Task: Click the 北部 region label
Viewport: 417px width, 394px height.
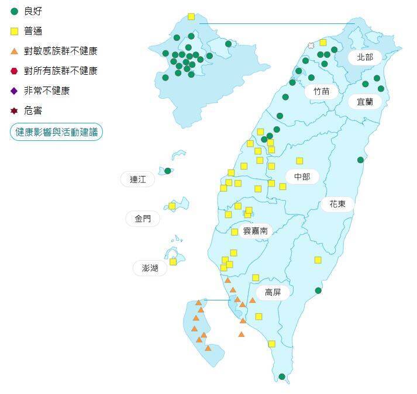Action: pos(364,57)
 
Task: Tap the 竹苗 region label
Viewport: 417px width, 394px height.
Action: pos(321,91)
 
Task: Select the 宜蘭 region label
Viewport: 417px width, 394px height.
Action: pos(364,101)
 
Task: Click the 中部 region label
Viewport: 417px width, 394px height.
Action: pos(302,177)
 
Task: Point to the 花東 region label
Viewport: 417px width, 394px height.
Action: pos(337,204)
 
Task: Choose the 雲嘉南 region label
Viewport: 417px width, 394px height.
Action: pos(255,231)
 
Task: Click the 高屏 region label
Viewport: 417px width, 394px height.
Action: pos(273,292)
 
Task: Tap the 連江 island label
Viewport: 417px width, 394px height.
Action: pos(137,179)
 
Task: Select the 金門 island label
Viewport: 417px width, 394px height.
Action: pos(143,219)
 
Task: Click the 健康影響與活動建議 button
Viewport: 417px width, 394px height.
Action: pos(56,132)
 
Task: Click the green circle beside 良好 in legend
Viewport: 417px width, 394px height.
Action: pos(15,11)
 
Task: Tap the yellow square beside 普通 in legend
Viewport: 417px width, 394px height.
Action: pos(15,31)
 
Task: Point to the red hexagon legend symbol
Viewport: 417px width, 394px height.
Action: pos(15,71)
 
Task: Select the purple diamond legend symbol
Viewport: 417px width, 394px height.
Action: pos(15,91)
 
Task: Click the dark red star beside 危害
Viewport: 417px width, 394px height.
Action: pos(15,110)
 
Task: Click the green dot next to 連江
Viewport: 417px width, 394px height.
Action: pos(168,171)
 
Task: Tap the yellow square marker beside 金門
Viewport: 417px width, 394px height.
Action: pos(172,206)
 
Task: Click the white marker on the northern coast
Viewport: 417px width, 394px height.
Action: pos(311,45)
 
